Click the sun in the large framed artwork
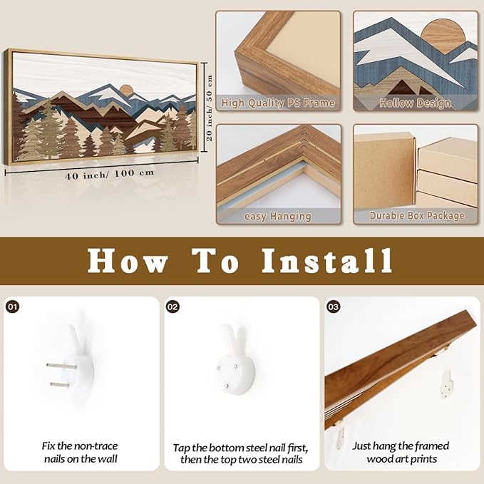[126, 89]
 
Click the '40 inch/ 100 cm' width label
[110, 174]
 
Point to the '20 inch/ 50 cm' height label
[210, 108]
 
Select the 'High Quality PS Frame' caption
[278, 103]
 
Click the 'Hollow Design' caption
[415, 103]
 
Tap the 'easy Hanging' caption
[278, 216]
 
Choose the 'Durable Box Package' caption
[417, 215]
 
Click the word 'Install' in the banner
[327, 261]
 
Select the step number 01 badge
[12, 307]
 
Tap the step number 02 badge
[173, 307]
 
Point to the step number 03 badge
[333, 307]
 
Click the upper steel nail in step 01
[61, 366]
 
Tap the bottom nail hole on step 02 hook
[227, 386]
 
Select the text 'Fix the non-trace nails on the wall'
[80, 453]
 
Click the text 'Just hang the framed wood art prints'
[401, 453]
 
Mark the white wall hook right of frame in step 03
[447, 384]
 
